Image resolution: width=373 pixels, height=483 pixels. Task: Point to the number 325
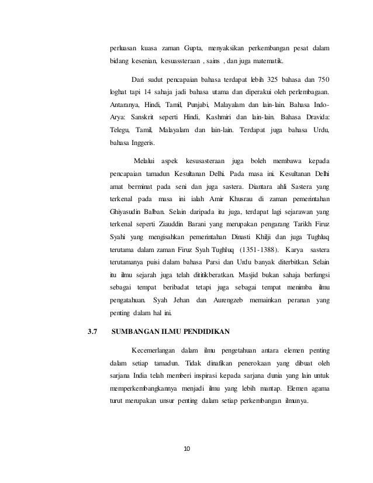[x=265, y=80]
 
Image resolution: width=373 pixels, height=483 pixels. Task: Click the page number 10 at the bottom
[x=186, y=448]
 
